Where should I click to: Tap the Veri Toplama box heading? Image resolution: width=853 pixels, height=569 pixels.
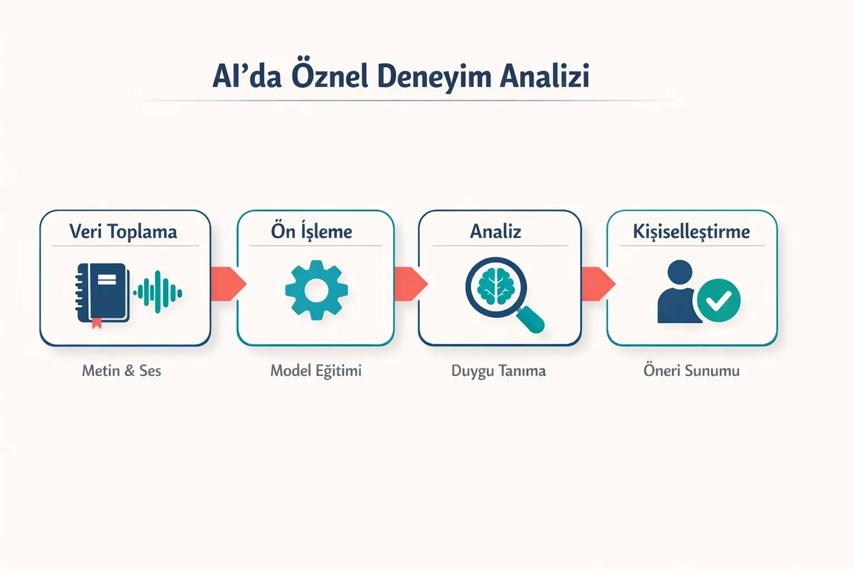tap(123, 231)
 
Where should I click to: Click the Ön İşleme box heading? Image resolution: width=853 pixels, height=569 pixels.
tap(312, 231)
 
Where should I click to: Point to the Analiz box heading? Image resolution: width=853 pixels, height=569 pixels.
tap(495, 231)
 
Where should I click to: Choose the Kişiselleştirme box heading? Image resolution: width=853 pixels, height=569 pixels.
tap(691, 231)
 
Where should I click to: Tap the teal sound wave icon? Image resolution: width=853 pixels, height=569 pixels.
tap(158, 292)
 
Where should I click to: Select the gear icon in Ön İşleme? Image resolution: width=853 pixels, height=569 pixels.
tap(316, 290)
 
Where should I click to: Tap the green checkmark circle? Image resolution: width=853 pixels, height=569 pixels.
tap(719, 301)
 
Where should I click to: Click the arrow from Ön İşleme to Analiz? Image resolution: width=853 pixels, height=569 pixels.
tap(410, 284)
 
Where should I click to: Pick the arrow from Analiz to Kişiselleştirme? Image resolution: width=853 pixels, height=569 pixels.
tap(597, 284)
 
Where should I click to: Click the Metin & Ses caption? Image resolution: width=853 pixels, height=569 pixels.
tap(122, 371)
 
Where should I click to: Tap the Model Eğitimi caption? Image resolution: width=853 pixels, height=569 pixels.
tap(315, 371)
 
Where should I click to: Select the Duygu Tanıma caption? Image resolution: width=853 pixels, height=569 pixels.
tap(498, 371)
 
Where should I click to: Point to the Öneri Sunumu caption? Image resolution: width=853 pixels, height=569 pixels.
tap(691, 371)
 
